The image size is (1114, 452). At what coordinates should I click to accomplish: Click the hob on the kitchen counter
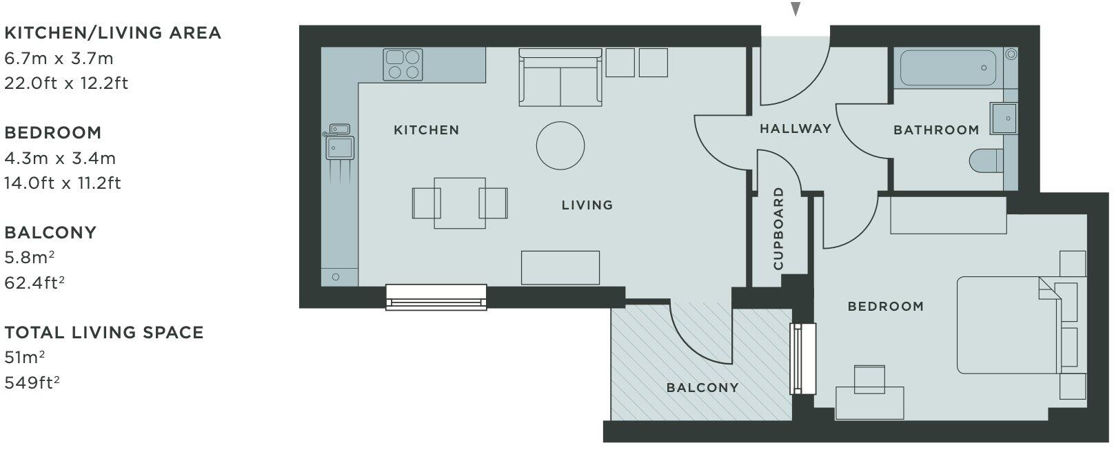click(403, 64)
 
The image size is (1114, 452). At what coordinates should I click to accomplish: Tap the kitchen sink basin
click(340, 147)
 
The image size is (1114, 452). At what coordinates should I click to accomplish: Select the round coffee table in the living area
click(560, 145)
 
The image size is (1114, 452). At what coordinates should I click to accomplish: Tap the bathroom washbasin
click(1002, 118)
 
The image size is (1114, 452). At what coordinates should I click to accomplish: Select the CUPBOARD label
click(779, 228)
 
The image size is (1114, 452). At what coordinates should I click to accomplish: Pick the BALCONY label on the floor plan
click(702, 388)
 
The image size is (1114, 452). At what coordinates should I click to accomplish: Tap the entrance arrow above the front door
click(796, 9)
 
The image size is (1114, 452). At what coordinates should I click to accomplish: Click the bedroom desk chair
click(870, 379)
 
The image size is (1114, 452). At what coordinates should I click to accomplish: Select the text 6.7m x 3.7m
click(59, 59)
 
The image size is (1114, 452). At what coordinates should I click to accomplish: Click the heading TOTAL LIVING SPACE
click(104, 333)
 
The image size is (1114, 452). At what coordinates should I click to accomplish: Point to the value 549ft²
click(32, 382)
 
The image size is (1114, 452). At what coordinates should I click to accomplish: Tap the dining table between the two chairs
click(459, 203)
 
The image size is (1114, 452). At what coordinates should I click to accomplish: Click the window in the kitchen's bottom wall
click(436, 297)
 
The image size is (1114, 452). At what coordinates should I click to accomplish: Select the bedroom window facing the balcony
click(803, 358)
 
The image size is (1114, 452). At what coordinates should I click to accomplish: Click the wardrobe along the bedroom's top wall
click(948, 215)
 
